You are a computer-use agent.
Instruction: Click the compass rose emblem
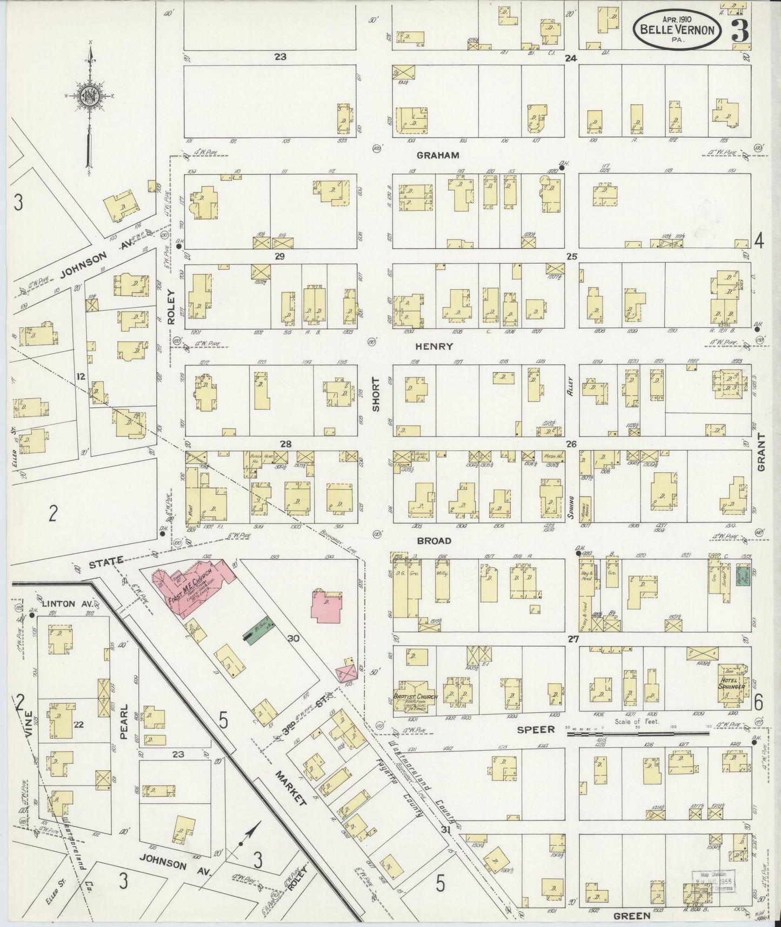click(x=89, y=97)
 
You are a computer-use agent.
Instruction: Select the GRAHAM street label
click(x=438, y=155)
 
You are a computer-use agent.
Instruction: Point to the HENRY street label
click(x=434, y=346)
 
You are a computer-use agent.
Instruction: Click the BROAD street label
click(x=433, y=540)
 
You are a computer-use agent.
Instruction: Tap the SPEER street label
click(x=536, y=730)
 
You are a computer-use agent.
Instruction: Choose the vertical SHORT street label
click(x=376, y=394)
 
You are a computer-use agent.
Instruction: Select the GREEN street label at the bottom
click(x=631, y=916)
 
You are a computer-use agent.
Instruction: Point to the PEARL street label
click(x=123, y=717)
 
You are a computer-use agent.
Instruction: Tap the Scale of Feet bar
click(x=638, y=734)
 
